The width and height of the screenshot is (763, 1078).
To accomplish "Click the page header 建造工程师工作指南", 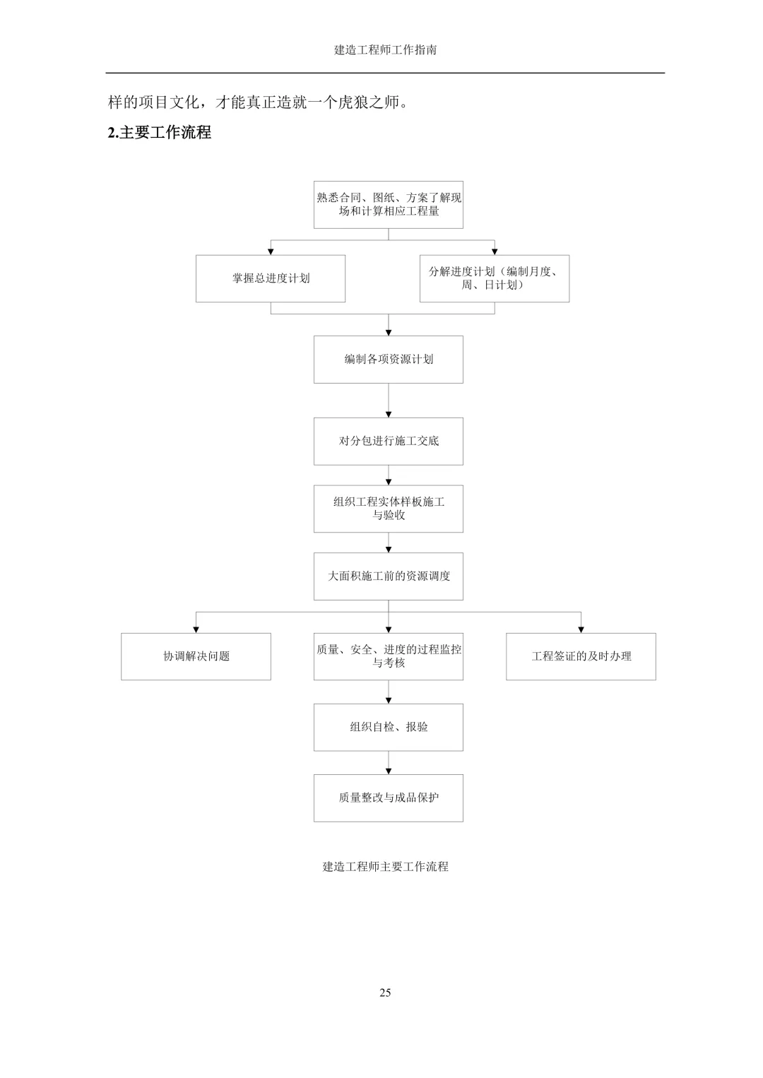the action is click(x=385, y=49).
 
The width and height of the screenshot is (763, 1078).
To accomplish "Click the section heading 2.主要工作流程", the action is click(x=160, y=132).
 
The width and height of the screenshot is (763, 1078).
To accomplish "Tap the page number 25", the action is click(x=385, y=993).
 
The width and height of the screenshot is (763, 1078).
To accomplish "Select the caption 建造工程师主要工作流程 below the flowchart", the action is click(x=385, y=867).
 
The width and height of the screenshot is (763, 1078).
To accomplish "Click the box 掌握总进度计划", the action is click(x=271, y=278).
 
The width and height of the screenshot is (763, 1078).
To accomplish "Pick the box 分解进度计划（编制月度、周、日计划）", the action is click(x=495, y=278).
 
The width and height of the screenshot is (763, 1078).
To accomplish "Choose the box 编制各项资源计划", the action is click(x=389, y=360).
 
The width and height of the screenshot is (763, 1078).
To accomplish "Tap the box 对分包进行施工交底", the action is click(x=389, y=442).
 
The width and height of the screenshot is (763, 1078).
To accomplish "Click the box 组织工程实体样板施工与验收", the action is click(x=389, y=509).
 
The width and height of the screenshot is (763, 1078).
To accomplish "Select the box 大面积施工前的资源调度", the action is click(x=389, y=576).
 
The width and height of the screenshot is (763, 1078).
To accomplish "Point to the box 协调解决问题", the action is click(x=196, y=656).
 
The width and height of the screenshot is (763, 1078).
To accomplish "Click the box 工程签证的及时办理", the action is click(x=581, y=656).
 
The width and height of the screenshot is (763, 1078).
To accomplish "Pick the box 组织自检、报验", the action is click(x=389, y=727).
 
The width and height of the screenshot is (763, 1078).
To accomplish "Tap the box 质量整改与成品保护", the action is click(x=389, y=798).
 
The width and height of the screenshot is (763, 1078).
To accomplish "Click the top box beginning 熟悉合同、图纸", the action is click(x=389, y=205).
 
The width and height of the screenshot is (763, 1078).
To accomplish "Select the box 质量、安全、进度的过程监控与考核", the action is click(x=389, y=656).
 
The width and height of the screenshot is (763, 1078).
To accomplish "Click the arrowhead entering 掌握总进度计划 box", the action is click(x=271, y=251).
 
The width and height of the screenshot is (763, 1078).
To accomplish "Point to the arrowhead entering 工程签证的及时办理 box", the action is click(x=581, y=630).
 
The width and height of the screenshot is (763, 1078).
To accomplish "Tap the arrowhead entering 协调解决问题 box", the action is click(x=196, y=630).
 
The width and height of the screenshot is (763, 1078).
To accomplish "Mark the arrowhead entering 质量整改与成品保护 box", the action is click(x=389, y=771).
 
